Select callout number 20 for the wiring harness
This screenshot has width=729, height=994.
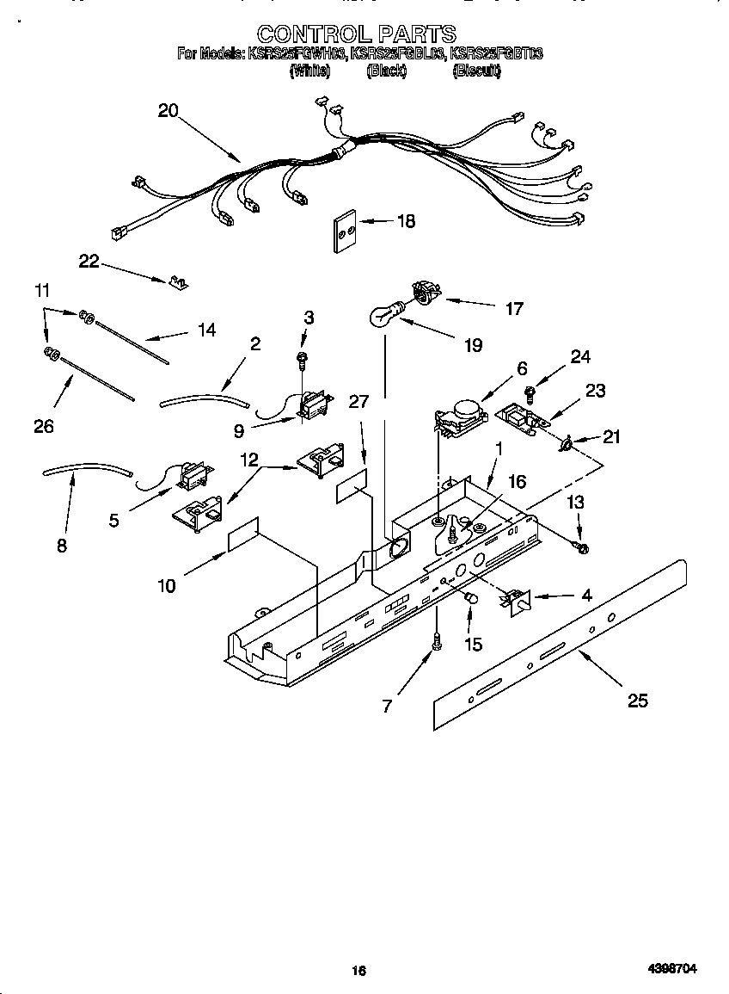(168, 110)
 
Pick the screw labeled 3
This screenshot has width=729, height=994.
(303, 356)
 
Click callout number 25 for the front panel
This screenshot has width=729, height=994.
(637, 701)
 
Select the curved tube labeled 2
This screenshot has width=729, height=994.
(204, 398)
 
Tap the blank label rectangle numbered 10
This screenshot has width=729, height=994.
(243, 534)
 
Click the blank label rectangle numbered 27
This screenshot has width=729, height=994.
(352, 488)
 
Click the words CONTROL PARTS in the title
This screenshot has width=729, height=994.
(357, 34)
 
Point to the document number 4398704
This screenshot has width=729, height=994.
(672, 969)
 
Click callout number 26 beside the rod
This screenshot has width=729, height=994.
(44, 425)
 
